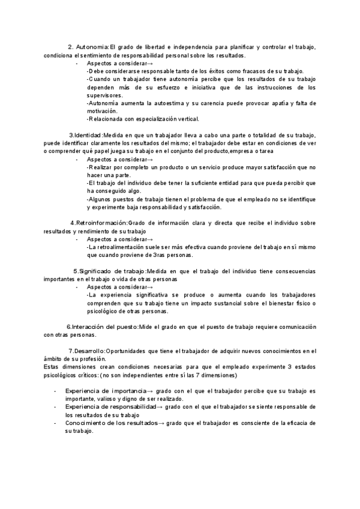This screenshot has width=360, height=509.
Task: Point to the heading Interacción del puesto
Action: click(104, 327)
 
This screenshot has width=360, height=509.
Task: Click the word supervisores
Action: click(104, 95)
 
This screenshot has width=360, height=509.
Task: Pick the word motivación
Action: click(103, 111)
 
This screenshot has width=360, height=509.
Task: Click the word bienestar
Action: click(273, 303)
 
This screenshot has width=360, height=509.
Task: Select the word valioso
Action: click(109, 399)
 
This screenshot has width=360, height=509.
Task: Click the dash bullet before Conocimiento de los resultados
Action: click(55, 424)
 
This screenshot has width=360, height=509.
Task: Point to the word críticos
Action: click(87, 375)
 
